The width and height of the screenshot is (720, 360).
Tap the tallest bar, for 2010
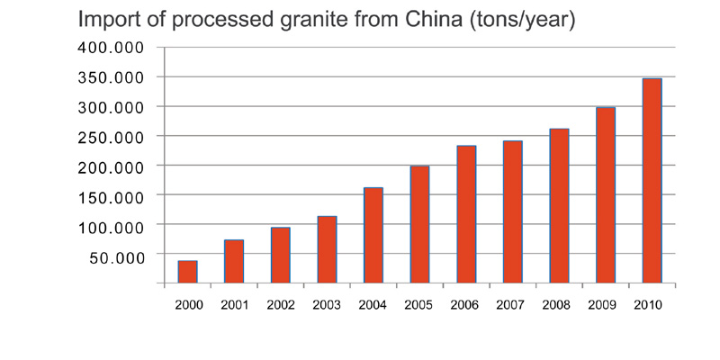click(652, 180)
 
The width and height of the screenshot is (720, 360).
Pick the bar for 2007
click(512, 211)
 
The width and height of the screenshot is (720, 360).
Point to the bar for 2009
click(605, 194)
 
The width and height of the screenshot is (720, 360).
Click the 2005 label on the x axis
click(418, 305)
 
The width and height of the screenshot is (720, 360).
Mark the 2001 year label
click(234, 305)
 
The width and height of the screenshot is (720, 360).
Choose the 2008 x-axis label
click(558, 305)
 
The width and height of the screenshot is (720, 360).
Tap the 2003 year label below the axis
click(326, 305)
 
